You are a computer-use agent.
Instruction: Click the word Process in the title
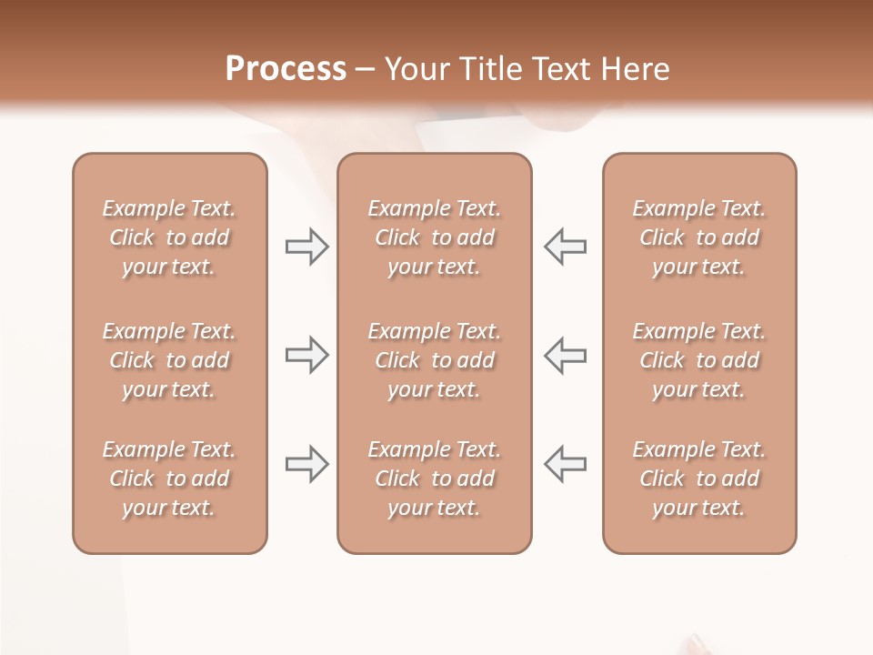pyautogui.click(x=286, y=69)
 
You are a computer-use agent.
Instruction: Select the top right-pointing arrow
pyautogui.click(x=307, y=247)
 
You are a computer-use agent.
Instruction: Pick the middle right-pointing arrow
pyautogui.click(x=307, y=355)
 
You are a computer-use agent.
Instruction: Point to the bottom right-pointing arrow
pyautogui.click(x=307, y=464)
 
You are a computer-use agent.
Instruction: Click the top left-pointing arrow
pyautogui.click(x=566, y=247)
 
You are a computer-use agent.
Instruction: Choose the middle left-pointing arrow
pyautogui.click(x=566, y=355)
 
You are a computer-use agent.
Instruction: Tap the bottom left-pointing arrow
pyautogui.click(x=566, y=464)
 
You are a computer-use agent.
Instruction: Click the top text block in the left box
pyautogui.click(x=169, y=237)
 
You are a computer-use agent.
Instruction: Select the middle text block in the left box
pyautogui.click(x=169, y=360)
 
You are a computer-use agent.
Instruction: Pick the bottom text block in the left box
pyautogui.click(x=169, y=479)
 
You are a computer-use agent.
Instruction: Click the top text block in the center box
pyautogui.click(x=435, y=237)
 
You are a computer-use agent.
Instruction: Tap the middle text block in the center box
pyautogui.click(x=435, y=360)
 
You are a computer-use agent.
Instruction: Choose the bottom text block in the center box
pyautogui.click(x=435, y=479)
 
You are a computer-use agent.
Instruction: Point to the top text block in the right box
pyautogui.click(x=699, y=237)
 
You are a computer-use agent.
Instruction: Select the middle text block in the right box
pyautogui.click(x=699, y=360)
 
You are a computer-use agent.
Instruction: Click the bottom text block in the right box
pyautogui.click(x=699, y=479)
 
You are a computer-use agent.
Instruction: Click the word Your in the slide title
pyautogui.click(x=415, y=69)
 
